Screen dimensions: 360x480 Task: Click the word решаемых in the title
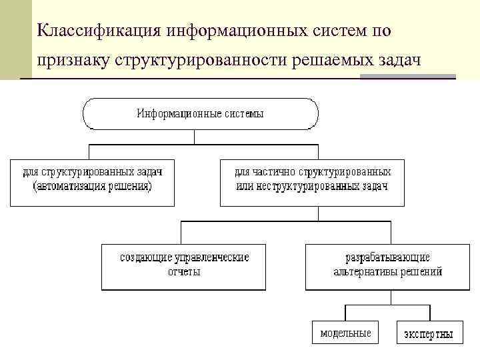(x=334, y=61)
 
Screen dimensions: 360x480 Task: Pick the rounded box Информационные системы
(x=200, y=113)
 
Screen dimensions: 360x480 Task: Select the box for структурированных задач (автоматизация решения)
(x=92, y=181)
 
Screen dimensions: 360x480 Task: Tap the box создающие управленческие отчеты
(x=183, y=267)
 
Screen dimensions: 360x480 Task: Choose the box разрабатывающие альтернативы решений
(x=387, y=267)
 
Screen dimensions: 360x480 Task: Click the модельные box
(x=345, y=333)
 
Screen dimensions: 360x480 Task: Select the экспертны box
(x=429, y=333)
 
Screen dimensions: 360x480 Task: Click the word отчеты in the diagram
(x=184, y=272)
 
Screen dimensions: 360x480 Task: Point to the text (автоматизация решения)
(x=92, y=186)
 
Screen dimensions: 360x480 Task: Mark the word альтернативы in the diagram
(x=368, y=272)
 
